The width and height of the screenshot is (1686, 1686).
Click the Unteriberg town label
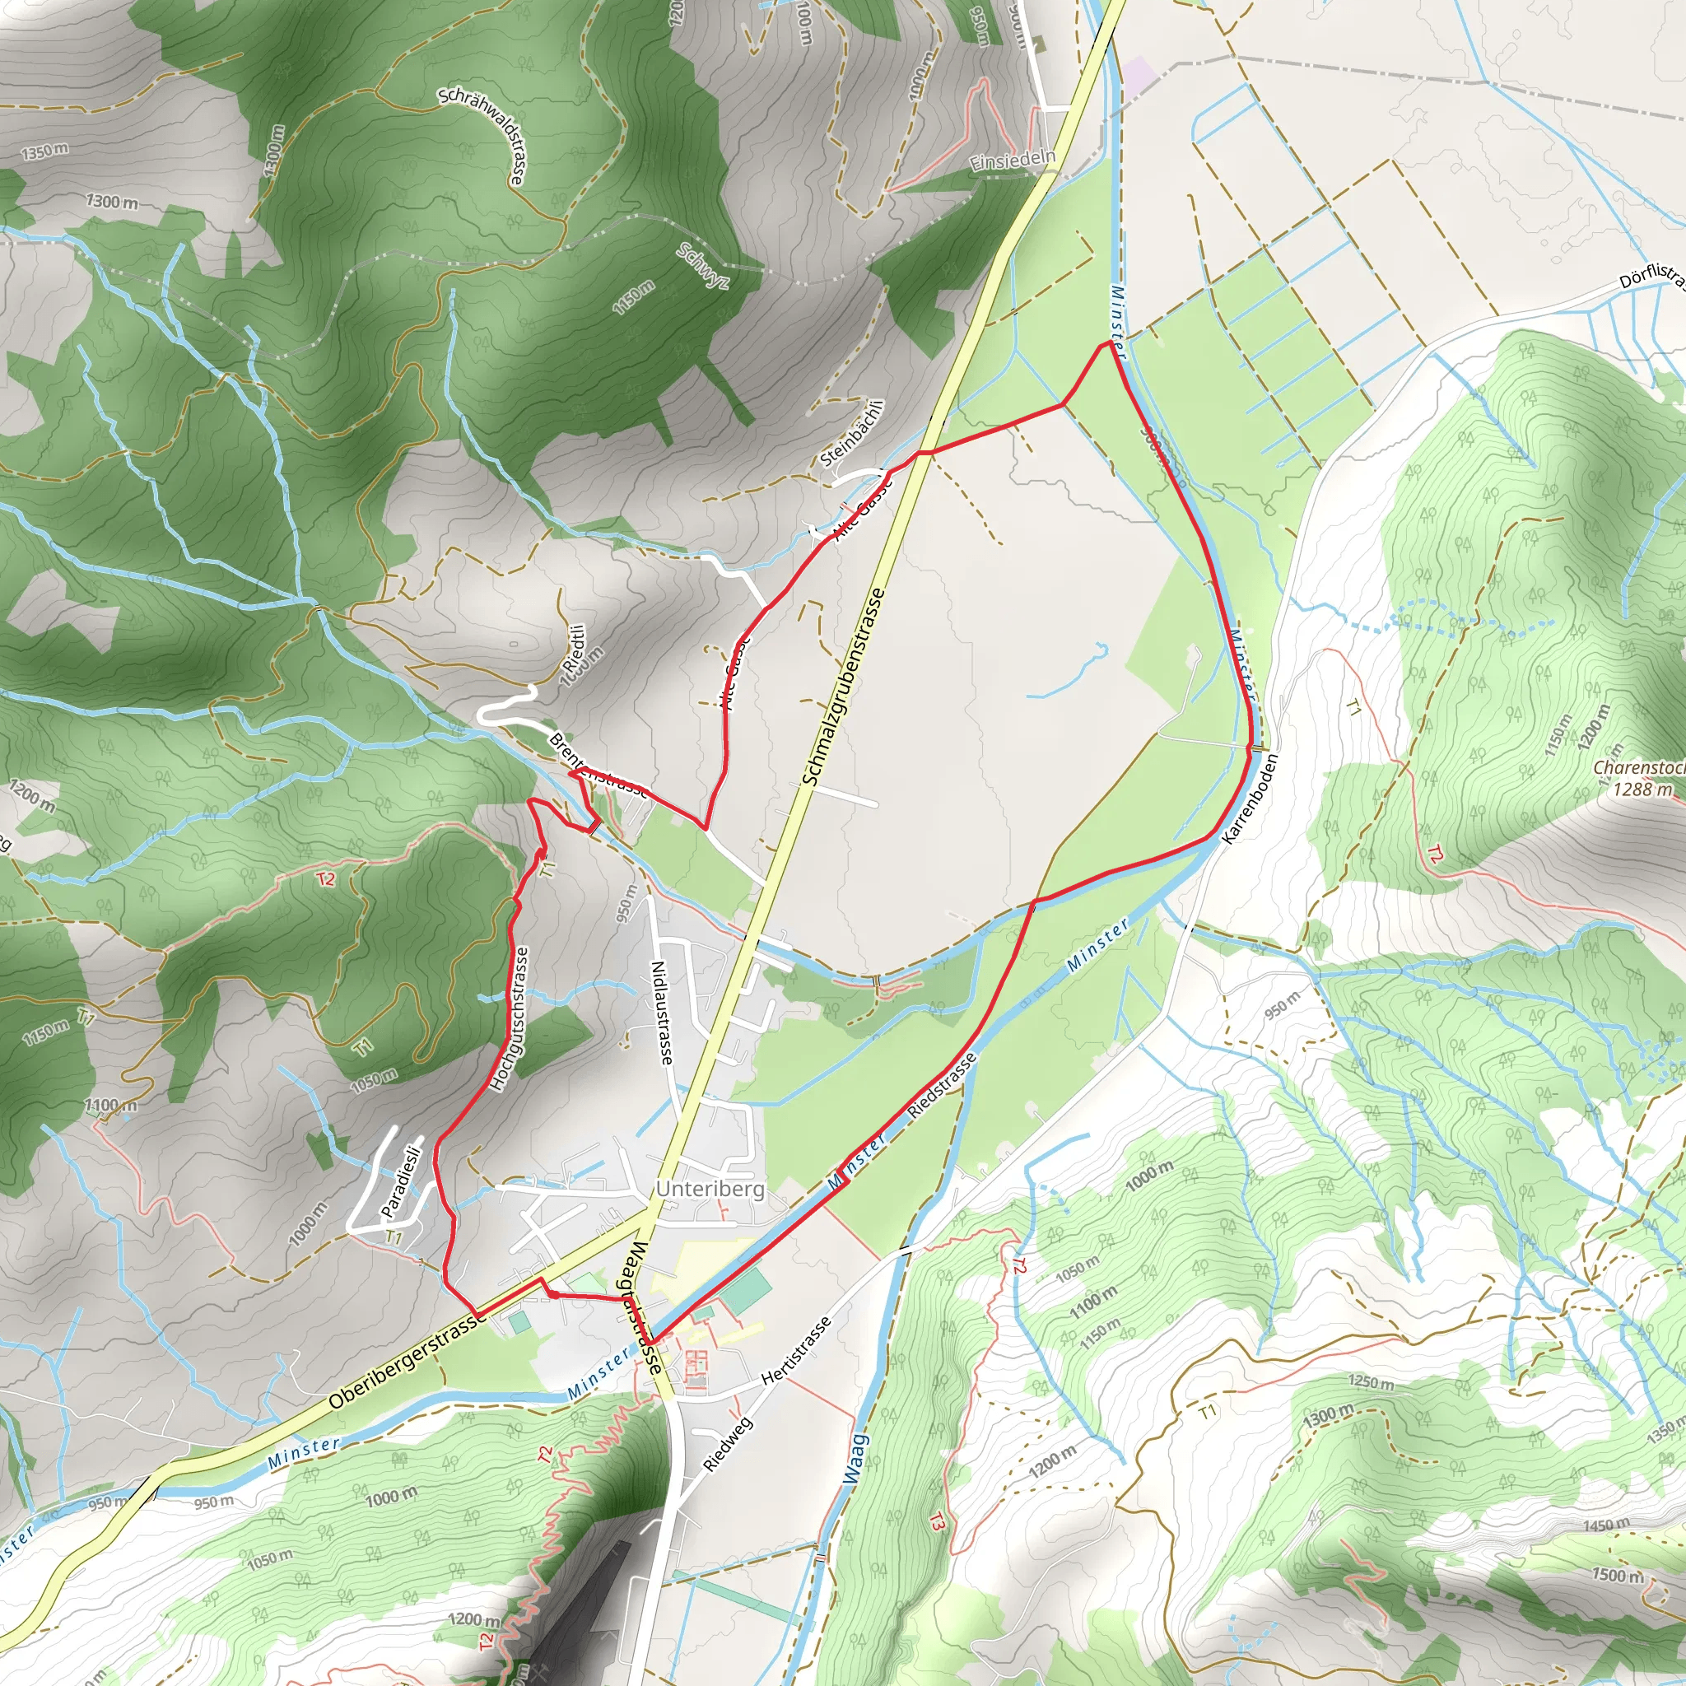710,1190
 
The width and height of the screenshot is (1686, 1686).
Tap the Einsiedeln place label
1013,161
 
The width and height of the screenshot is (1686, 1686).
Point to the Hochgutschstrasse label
510,1018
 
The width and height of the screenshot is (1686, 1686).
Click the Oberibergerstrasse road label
408,1362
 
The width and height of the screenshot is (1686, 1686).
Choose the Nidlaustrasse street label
664,1013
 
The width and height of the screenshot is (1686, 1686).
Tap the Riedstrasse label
942,1087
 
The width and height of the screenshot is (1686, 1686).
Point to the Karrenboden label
1250,799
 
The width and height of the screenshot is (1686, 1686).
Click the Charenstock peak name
1638,769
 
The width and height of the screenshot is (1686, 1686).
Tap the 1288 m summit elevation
1642,789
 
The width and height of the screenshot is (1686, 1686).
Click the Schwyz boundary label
702,265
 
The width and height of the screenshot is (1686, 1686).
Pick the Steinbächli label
853,434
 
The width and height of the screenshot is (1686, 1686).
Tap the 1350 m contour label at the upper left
44,151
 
